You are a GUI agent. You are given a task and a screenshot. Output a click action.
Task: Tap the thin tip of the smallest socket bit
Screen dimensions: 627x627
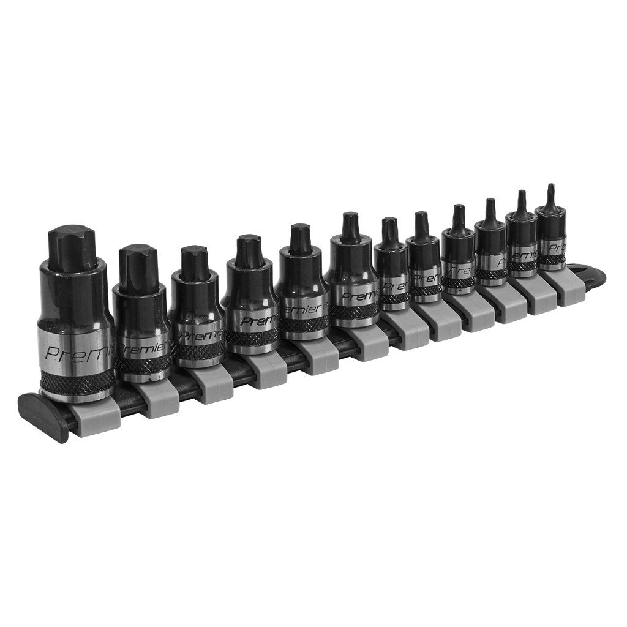click(x=551, y=195)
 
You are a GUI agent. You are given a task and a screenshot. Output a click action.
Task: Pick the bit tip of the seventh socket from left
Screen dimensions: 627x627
click(x=389, y=230)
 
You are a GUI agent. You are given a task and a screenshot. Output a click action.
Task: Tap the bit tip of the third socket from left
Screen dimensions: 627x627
click(x=194, y=260)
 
